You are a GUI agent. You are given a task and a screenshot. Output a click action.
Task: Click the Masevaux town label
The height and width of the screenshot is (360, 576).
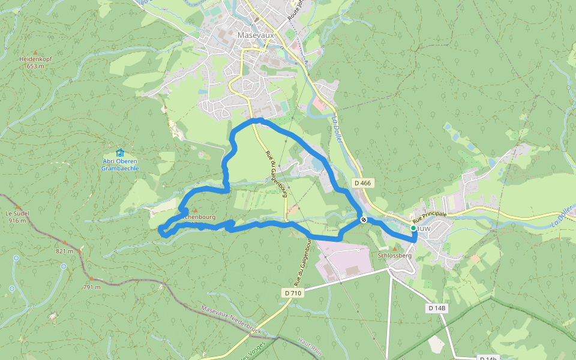coord(256,35)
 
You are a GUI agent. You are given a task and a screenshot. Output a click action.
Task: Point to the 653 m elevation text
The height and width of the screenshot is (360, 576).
coord(36,66)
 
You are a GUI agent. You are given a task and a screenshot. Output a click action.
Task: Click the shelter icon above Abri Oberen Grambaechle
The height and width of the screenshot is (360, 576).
coord(119,152)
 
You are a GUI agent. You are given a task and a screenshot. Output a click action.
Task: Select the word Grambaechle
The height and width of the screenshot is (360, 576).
coord(120,169)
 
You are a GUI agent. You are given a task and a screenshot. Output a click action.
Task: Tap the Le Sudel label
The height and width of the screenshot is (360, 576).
coord(17,213)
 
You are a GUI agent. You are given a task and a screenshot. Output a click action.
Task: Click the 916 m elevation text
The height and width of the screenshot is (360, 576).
coord(17,220)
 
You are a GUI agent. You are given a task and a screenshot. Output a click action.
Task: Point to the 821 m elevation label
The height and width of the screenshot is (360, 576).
coord(64,251)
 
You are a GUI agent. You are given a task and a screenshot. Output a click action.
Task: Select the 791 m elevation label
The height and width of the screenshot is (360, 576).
coord(92,287)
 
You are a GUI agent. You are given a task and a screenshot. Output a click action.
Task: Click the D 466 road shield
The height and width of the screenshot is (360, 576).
coord(362,182)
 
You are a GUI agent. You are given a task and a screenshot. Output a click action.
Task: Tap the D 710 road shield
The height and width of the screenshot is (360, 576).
coord(293,293)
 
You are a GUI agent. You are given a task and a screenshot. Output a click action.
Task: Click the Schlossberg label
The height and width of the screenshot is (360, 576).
coord(395,256)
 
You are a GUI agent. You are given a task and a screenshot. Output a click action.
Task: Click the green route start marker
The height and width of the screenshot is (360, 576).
coord(413,228)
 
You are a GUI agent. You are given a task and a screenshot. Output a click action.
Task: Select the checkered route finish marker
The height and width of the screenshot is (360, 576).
coord(364,220)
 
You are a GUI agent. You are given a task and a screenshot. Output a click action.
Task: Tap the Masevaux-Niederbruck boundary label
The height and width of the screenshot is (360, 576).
coord(230,319)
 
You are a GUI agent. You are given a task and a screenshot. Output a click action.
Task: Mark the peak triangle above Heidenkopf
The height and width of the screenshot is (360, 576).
coord(35,52)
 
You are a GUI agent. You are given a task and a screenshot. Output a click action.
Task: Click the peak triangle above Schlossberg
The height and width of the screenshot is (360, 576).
coord(395,248)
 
